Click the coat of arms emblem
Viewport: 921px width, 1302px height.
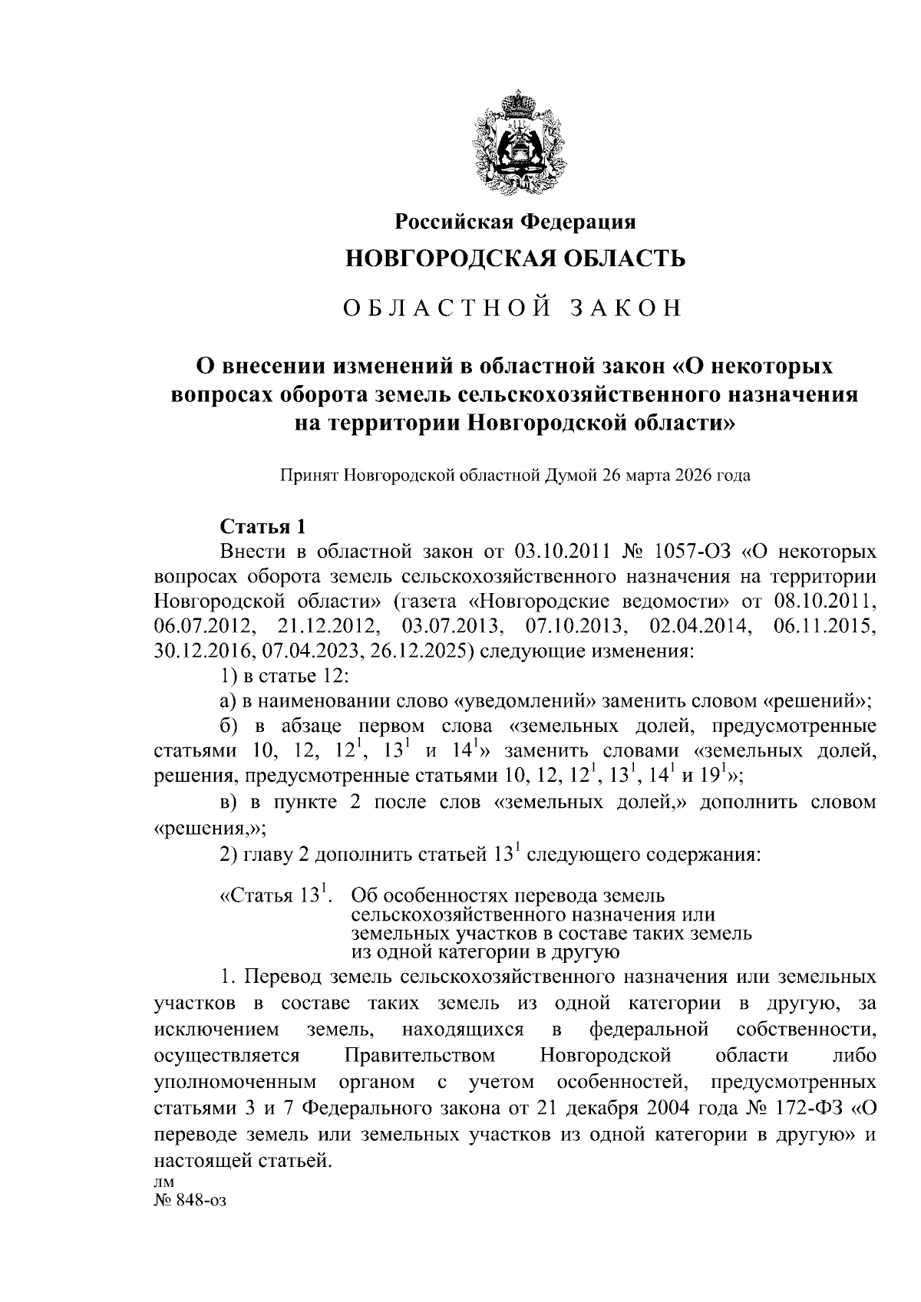pyautogui.click(x=515, y=140)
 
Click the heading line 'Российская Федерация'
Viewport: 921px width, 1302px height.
pyautogui.click(x=515, y=222)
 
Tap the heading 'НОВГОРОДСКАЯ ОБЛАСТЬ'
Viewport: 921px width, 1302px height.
pyautogui.click(x=515, y=259)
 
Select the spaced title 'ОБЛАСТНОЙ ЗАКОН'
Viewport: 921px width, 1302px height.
pyautogui.click(x=512, y=308)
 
